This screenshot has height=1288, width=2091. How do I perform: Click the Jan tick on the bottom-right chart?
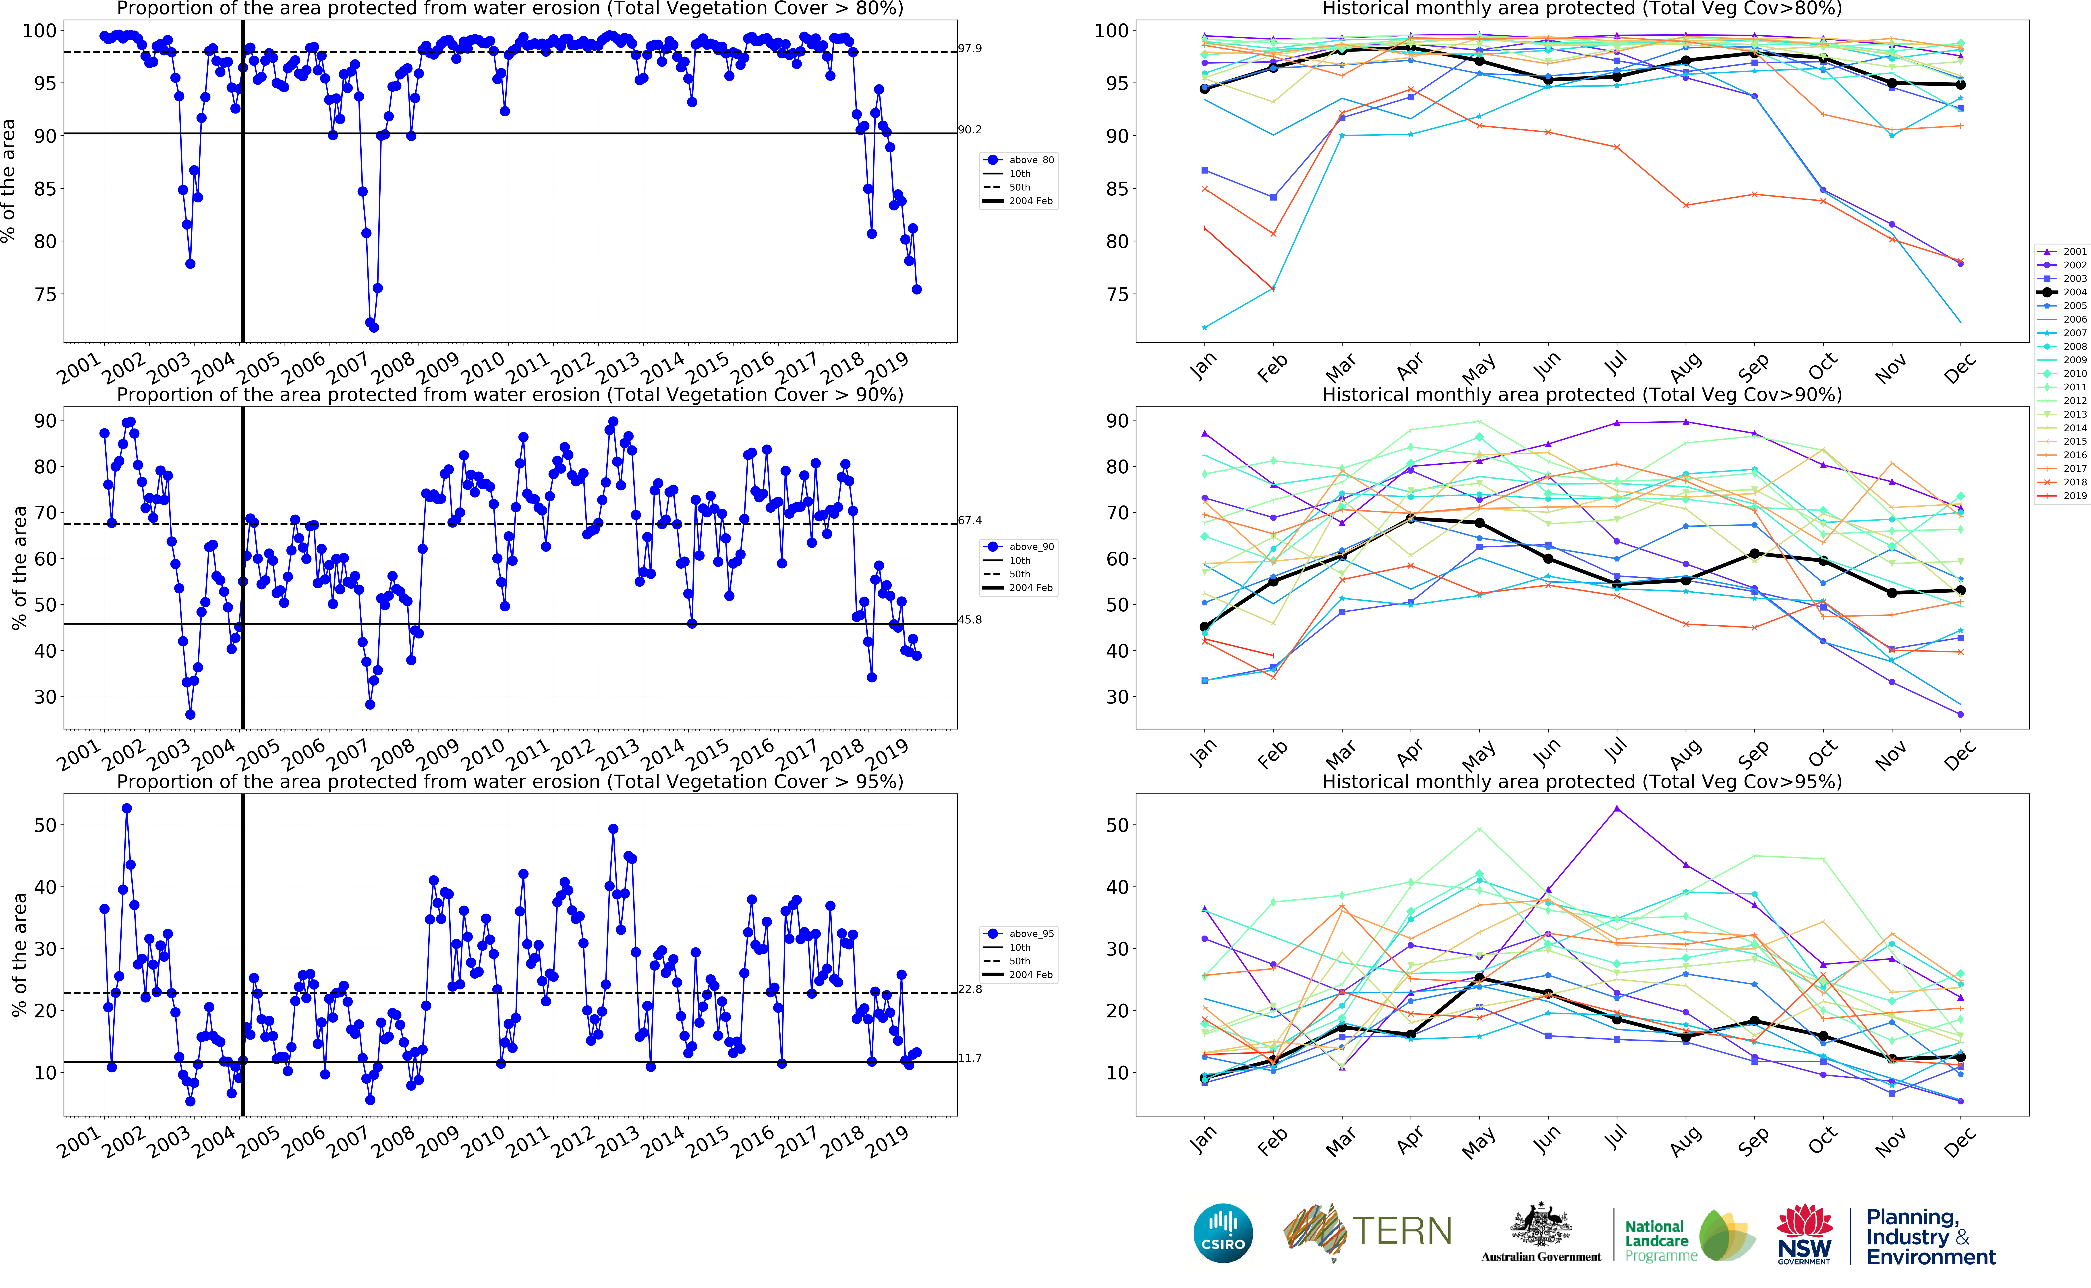(1203, 1139)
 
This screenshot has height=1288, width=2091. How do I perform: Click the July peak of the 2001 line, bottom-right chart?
(1616, 808)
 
